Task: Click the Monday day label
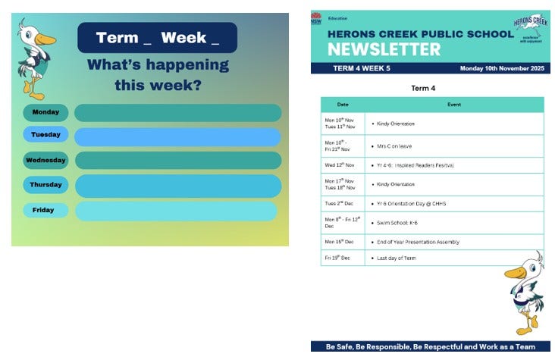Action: (45, 112)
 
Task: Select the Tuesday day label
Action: (45, 135)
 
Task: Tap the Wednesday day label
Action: (45, 161)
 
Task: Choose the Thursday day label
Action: (45, 185)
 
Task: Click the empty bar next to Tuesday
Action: (177, 136)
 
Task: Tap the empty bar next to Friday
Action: (176, 211)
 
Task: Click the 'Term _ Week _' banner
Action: (157, 38)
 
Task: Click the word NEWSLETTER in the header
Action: (384, 50)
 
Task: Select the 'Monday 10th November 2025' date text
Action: (502, 68)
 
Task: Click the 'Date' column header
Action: (343, 105)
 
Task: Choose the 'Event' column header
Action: (453, 105)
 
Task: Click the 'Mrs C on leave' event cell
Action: (394, 146)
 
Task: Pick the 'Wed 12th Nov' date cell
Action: (340, 164)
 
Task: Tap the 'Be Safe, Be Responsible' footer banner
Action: (431, 346)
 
